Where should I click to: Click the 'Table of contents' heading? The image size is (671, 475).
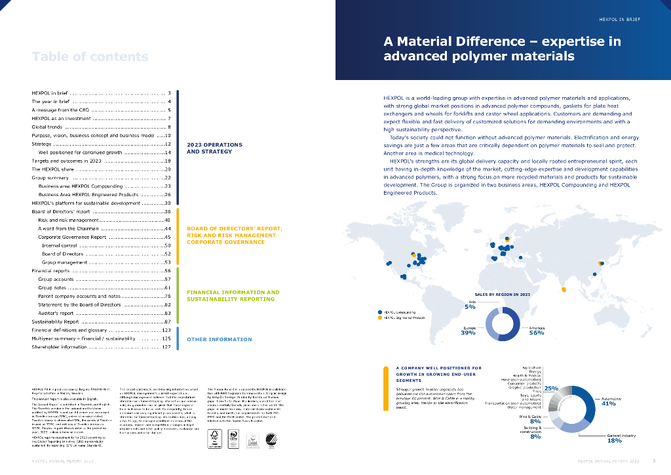click(90, 56)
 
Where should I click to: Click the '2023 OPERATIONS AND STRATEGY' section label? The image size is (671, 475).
click(214, 148)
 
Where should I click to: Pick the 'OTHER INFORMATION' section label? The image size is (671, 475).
click(219, 339)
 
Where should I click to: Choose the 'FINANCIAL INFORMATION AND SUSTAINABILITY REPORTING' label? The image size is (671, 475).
click(233, 295)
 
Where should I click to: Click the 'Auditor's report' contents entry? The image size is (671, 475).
click(60, 313)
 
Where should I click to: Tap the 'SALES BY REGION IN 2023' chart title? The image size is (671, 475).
click(502, 294)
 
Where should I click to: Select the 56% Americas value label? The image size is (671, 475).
click(537, 333)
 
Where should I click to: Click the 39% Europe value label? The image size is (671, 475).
click(468, 333)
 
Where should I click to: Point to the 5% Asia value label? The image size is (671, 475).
click(470, 306)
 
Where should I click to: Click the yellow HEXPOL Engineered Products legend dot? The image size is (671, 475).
click(380, 318)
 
